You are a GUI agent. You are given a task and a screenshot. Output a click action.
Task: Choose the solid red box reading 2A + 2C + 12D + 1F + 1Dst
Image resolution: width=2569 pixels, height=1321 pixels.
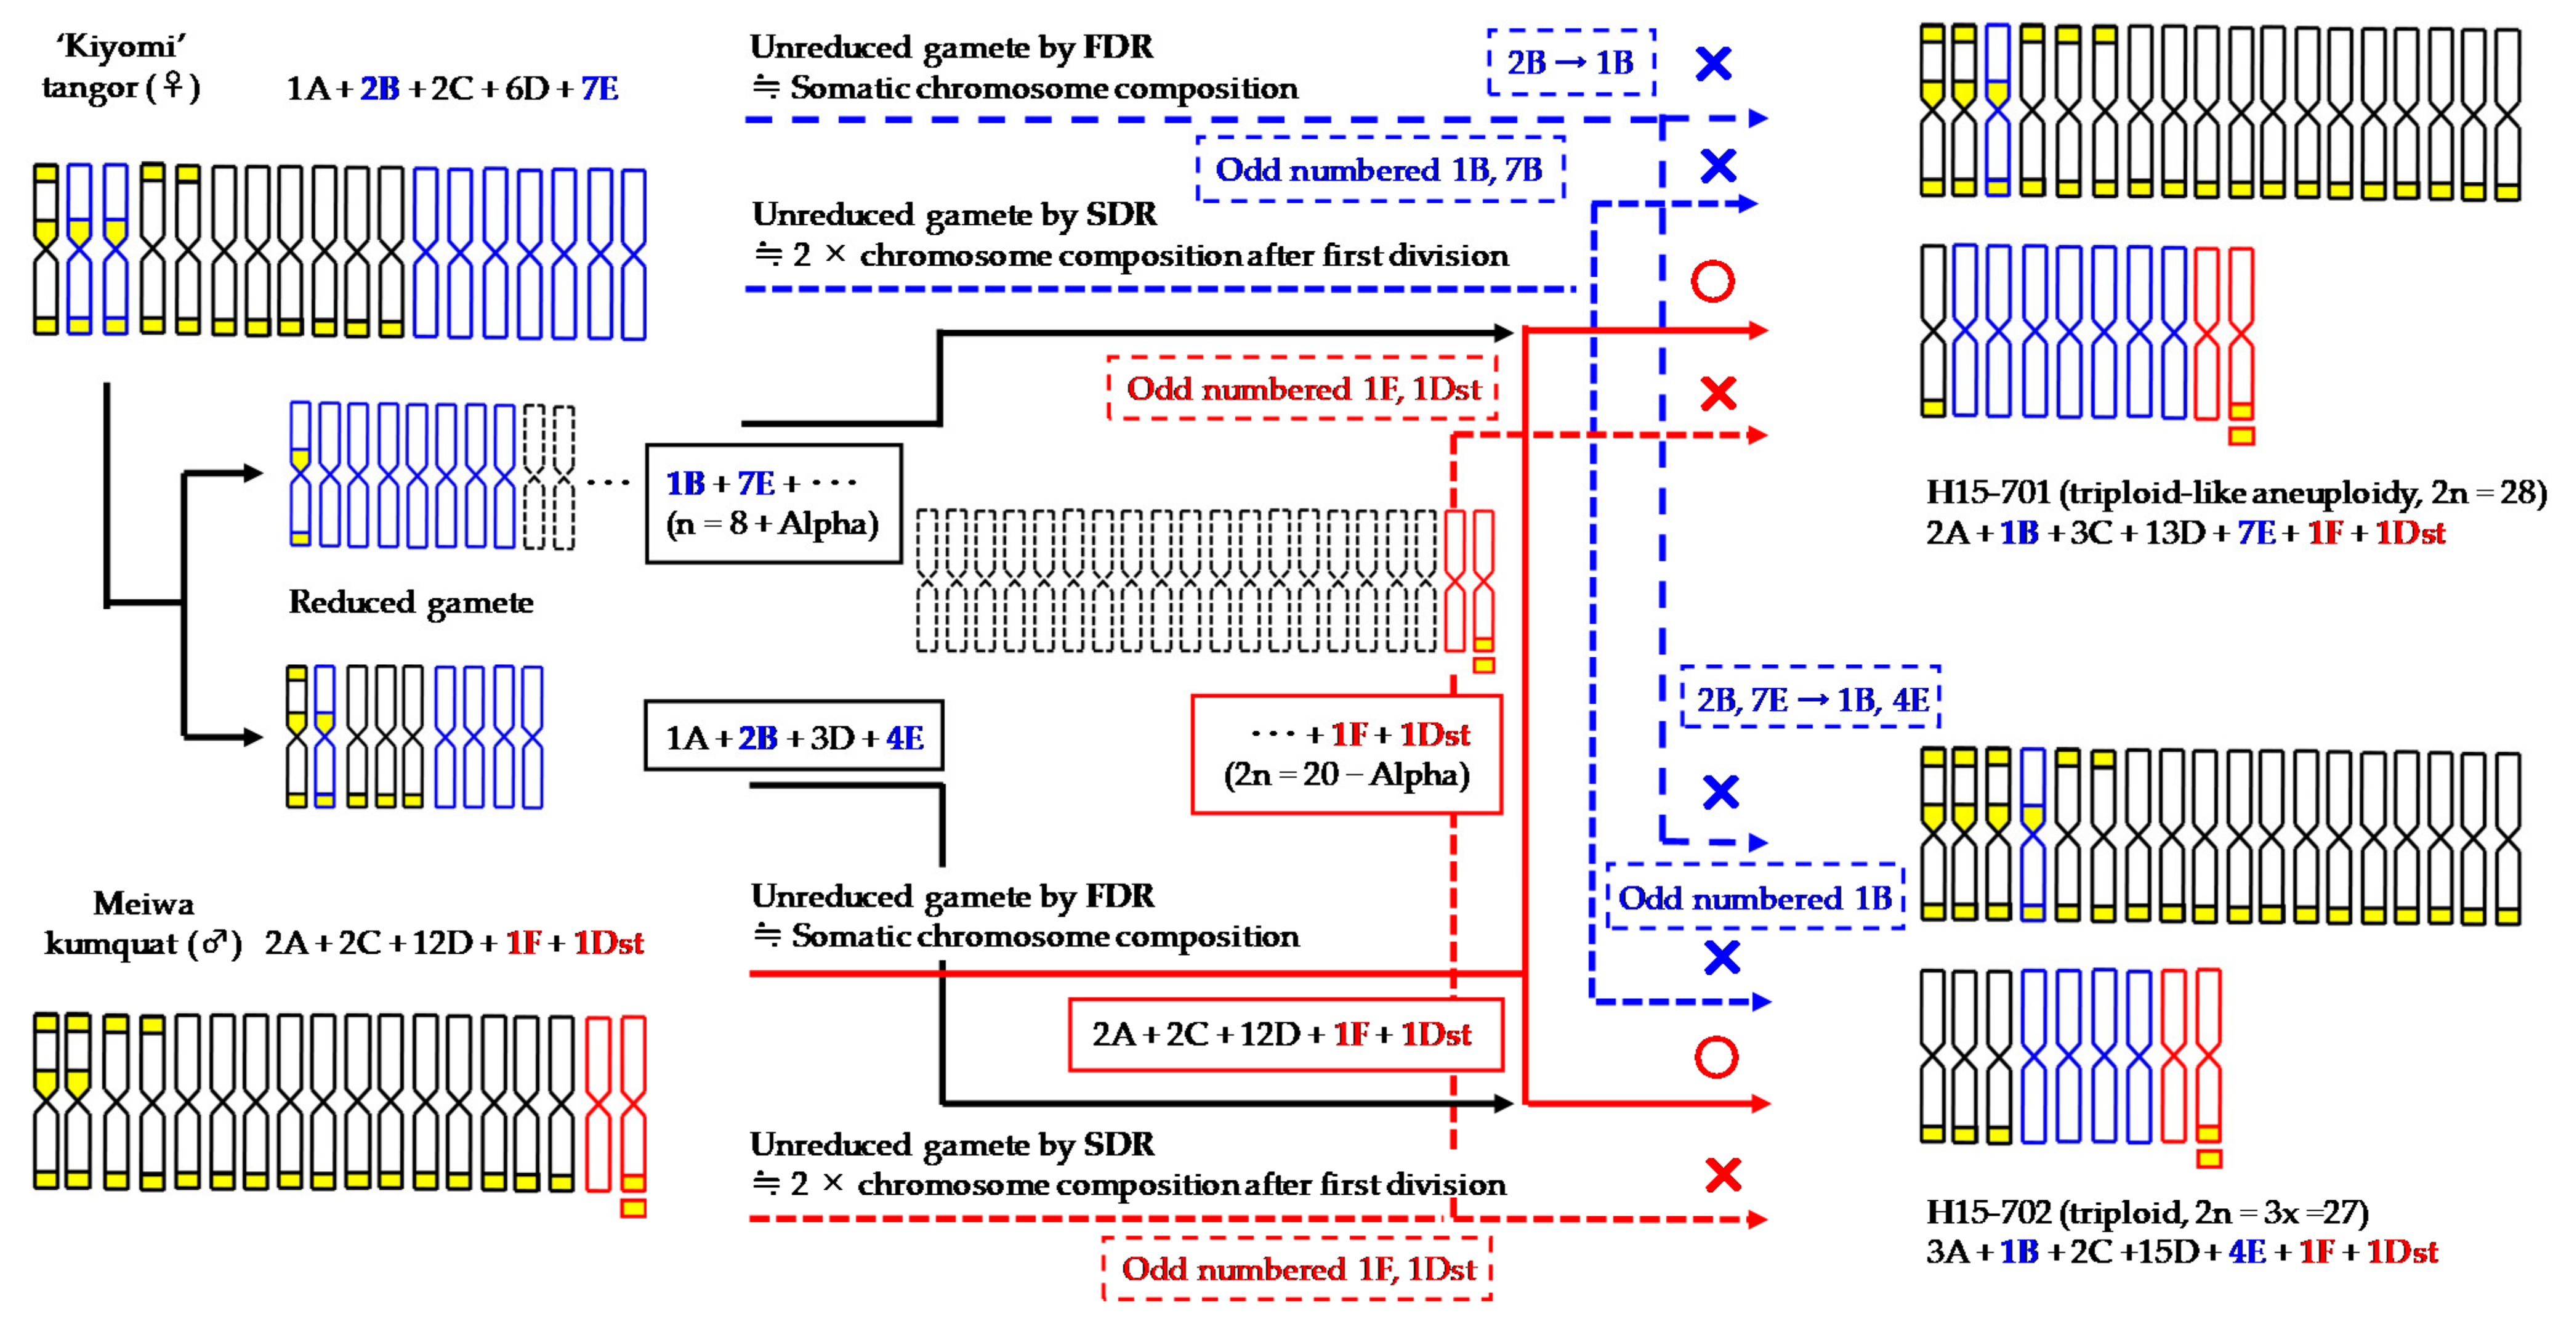click(x=1284, y=1034)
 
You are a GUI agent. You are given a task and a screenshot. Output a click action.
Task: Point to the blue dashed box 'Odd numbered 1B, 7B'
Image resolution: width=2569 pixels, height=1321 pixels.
click(x=1379, y=169)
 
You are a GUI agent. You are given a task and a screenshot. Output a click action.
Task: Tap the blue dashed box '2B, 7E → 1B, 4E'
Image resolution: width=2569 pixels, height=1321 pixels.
click(x=1810, y=699)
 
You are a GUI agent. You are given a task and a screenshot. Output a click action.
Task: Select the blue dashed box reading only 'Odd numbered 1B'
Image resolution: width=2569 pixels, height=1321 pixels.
click(x=1754, y=898)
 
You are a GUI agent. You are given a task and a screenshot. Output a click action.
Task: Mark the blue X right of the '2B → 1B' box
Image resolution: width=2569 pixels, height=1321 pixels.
click(x=1713, y=64)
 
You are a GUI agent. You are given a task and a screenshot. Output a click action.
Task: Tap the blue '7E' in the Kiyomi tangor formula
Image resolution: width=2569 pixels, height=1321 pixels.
click(x=599, y=89)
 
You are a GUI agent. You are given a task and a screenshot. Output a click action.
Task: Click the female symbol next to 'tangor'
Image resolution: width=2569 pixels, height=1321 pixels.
click(x=174, y=87)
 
